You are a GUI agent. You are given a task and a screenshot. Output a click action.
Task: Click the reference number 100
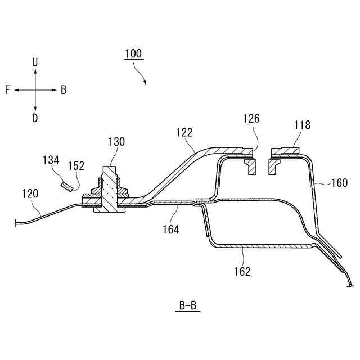(133, 54)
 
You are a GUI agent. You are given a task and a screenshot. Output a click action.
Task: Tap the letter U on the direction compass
(35, 62)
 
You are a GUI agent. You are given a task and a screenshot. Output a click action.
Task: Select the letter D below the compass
(35, 118)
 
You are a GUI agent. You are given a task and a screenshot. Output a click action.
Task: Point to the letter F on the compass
(7, 90)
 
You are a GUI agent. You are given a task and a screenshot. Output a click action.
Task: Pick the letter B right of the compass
(64, 90)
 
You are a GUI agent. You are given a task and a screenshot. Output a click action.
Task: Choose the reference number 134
(51, 161)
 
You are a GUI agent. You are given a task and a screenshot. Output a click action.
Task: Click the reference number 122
(184, 132)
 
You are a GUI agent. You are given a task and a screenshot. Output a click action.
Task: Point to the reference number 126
(251, 118)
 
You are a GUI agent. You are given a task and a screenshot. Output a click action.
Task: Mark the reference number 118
(301, 125)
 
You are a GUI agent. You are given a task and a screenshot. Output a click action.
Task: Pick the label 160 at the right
(339, 182)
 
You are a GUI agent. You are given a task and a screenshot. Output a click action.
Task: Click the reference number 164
(171, 229)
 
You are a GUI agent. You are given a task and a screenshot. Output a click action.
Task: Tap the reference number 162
(242, 271)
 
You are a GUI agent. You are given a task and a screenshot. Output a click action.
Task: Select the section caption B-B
(187, 306)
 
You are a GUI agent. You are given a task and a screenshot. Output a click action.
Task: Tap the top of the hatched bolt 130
(110, 169)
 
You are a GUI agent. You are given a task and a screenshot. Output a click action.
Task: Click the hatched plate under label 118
(287, 151)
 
